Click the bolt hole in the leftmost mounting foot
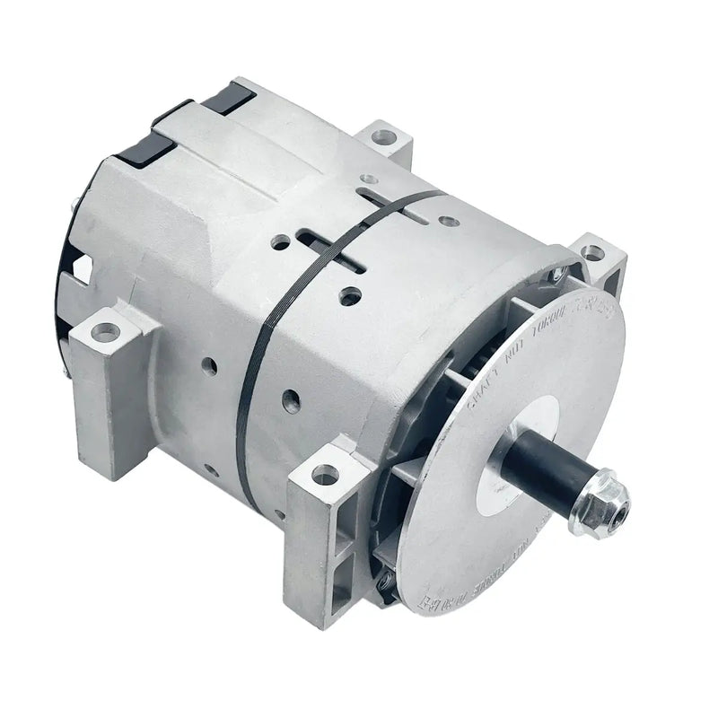coord(106,332)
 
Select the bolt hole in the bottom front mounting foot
coord(325,474)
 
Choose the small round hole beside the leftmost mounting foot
coord(209,366)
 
